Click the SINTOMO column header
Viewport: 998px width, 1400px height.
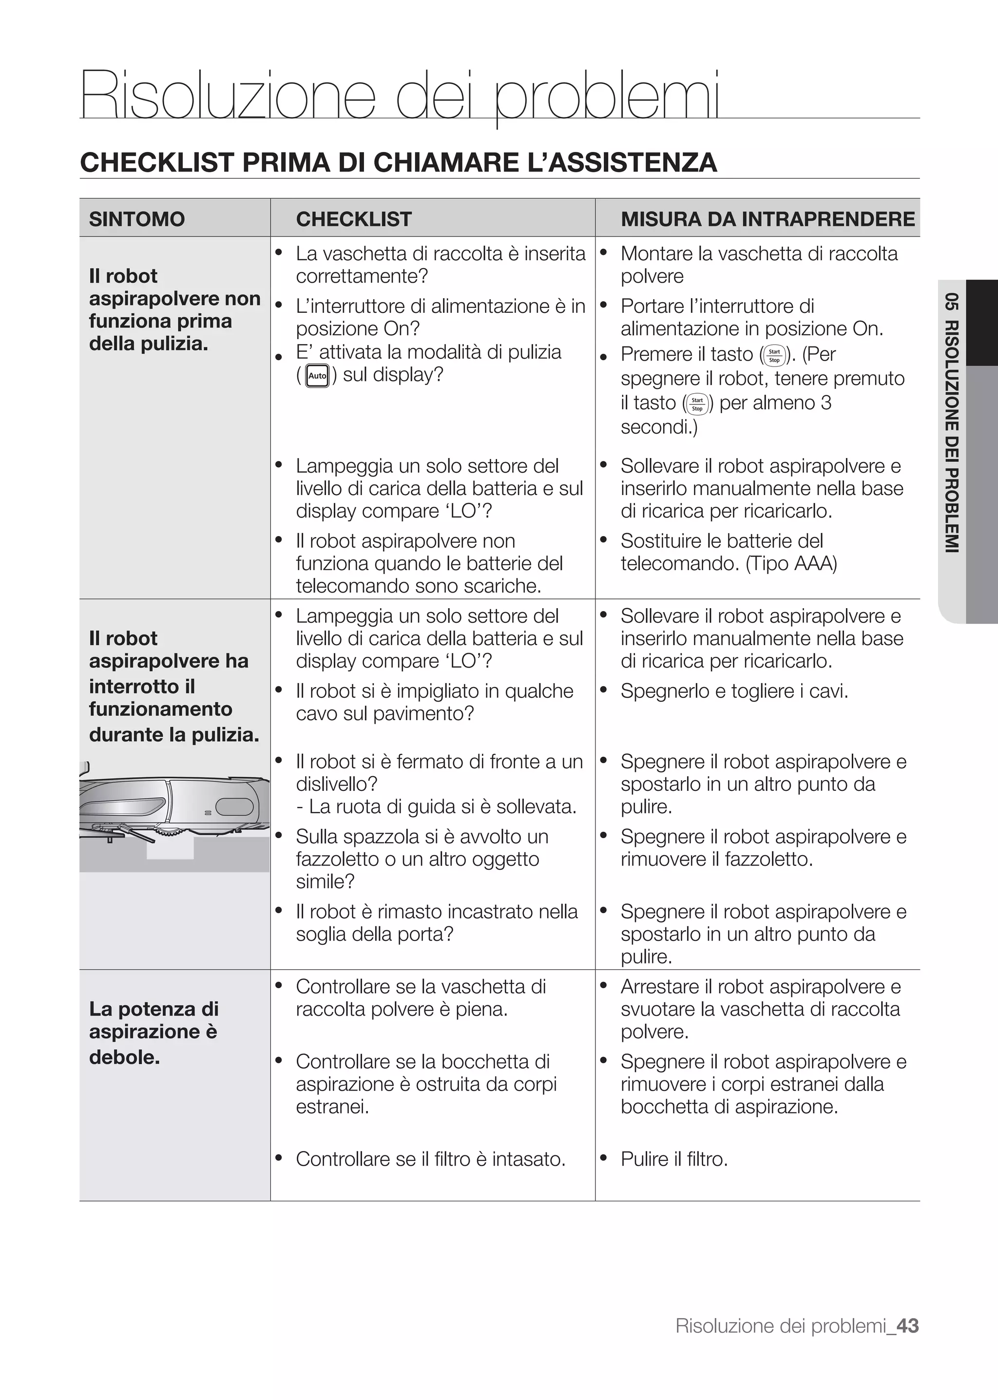pyautogui.click(x=136, y=219)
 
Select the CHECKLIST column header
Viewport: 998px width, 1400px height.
pyautogui.click(x=353, y=219)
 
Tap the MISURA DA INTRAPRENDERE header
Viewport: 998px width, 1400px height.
pyautogui.click(x=768, y=219)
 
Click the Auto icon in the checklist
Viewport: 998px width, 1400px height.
pyautogui.click(x=317, y=376)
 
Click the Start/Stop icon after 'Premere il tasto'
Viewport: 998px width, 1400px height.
pyautogui.click(x=774, y=356)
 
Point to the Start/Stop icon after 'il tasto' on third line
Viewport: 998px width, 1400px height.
pyautogui.click(x=697, y=404)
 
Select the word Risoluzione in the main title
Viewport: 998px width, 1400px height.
pyautogui.click(x=228, y=96)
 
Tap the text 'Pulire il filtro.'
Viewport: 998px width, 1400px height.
pyautogui.click(x=673, y=1159)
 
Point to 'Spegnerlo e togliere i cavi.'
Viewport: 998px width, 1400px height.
pyautogui.click(x=734, y=691)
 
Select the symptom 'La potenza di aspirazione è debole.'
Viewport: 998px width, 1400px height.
pyautogui.click(x=154, y=1033)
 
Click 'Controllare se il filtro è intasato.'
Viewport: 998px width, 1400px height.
pyautogui.click(x=430, y=1159)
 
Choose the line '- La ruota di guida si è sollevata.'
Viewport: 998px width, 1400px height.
pyautogui.click(x=436, y=807)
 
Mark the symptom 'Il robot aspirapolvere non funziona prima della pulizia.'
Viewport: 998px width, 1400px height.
pyautogui.click(x=174, y=310)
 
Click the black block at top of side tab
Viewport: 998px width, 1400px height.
pyautogui.click(x=982, y=323)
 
